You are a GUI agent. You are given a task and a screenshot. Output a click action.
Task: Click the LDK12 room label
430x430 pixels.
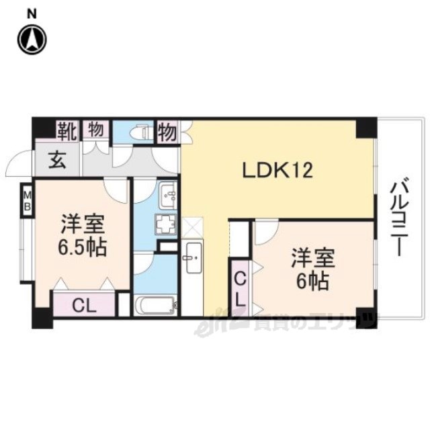click(x=277, y=170)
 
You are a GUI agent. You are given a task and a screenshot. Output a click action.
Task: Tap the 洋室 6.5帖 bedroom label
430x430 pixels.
click(x=82, y=235)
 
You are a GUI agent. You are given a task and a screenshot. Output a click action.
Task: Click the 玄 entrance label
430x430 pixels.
click(x=57, y=161)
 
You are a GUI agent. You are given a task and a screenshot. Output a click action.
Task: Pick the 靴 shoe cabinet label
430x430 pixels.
click(x=67, y=132)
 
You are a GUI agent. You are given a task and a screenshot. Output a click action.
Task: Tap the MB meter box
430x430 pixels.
click(x=27, y=202)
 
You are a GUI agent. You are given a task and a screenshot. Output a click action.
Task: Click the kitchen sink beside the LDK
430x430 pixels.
click(x=194, y=257)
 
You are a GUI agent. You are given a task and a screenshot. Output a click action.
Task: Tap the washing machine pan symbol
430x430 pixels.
click(x=165, y=224)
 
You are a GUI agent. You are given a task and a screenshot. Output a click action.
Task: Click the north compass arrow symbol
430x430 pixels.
click(x=32, y=40)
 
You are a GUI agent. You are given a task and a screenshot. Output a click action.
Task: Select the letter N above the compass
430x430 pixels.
click(x=32, y=15)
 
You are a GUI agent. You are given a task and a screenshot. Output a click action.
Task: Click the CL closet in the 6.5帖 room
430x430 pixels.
click(x=84, y=304)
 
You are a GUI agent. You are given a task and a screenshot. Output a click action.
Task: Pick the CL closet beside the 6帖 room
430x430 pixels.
click(x=240, y=288)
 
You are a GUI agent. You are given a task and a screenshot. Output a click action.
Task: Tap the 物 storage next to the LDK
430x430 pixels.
click(x=168, y=132)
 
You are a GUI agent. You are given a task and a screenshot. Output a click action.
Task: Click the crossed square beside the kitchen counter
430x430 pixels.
click(x=192, y=227)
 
